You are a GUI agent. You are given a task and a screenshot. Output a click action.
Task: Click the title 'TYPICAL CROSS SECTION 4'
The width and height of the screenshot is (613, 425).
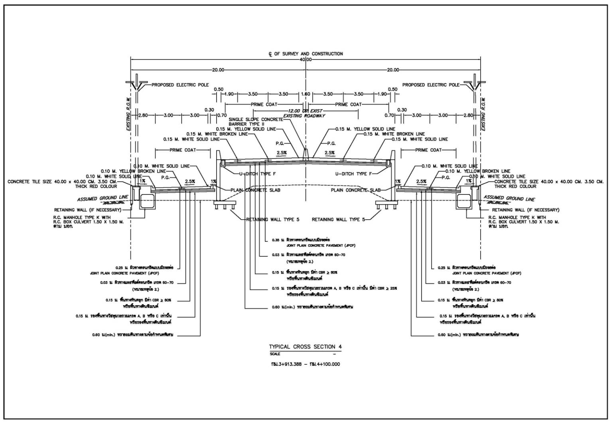pyautogui.click(x=305, y=347)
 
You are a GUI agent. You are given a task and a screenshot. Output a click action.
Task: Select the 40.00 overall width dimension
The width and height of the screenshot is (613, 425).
pyautogui.click(x=306, y=60)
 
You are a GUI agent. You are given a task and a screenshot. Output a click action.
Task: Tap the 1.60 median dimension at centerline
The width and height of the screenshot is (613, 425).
pyautogui.click(x=306, y=94)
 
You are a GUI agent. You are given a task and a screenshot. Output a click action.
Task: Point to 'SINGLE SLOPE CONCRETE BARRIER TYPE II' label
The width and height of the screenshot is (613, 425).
pyautogui.click(x=256, y=122)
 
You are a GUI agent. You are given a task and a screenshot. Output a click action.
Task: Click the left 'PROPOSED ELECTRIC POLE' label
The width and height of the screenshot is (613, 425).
pyautogui.click(x=180, y=85)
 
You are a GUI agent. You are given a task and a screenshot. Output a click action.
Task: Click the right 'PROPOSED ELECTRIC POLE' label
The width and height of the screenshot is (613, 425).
pyautogui.click(x=431, y=85)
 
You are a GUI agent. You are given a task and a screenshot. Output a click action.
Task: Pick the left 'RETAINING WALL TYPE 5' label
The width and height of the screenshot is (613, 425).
pyautogui.click(x=273, y=219)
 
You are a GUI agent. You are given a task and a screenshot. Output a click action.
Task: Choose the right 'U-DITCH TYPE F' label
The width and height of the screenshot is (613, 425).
pyautogui.click(x=353, y=174)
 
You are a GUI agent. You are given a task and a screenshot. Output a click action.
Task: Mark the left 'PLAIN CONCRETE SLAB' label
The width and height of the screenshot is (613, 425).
pyautogui.click(x=255, y=190)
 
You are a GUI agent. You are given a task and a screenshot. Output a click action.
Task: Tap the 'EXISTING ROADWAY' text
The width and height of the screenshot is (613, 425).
pyautogui.click(x=304, y=116)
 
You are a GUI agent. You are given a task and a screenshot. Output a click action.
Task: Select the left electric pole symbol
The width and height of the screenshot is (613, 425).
pyautogui.click(x=137, y=84)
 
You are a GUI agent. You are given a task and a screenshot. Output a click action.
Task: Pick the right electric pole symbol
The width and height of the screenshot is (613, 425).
pyautogui.click(x=475, y=84)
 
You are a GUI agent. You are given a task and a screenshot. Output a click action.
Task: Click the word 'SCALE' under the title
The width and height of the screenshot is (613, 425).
pyautogui.click(x=275, y=354)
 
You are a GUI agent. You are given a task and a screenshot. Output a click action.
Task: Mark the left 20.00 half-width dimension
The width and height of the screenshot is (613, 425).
pyautogui.click(x=218, y=70)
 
